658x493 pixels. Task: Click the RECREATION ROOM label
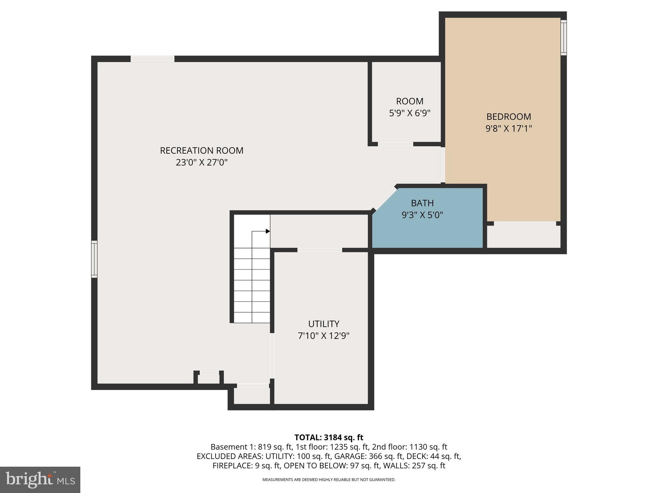[x=201, y=150]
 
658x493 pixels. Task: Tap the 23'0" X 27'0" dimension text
[x=201, y=162]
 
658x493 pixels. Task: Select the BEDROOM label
[x=508, y=117]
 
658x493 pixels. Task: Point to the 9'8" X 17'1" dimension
[x=508, y=129]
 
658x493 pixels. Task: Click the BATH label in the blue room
[x=422, y=203]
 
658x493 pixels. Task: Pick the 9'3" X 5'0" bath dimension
[x=422, y=215]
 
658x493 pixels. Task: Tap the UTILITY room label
[x=324, y=324]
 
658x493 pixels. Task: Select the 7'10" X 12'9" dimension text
[x=324, y=336]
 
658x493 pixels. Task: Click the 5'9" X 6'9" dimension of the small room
[x=409, y=113]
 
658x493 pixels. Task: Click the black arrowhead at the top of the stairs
[x=268, y=231]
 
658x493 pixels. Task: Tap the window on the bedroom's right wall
[x=564, y=37]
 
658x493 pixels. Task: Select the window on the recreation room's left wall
[x=94, y=259]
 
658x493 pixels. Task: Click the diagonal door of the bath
[x=385, y=198]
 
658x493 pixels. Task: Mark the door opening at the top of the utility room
[x=319, y=250]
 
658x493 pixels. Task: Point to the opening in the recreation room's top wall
[x=152, y=59]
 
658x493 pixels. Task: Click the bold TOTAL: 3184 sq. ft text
[x=329, y=437]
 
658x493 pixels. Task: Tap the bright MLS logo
[x=40, y=480]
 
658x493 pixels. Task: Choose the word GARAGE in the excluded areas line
[x=349, y=456]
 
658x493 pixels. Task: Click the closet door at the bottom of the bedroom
[x=525, y=223]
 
